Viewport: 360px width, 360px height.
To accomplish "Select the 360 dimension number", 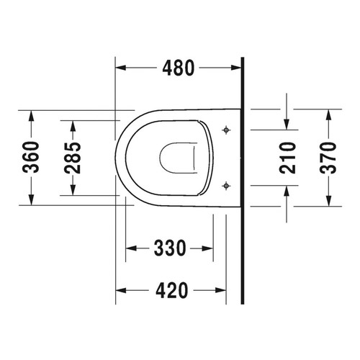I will pyautogui.click(x=30, y=157).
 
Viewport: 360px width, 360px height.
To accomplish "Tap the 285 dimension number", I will pyautogui.click(x=72, y=157).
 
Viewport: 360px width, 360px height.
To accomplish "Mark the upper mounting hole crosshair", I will pyautogui.click(x=227, y=130).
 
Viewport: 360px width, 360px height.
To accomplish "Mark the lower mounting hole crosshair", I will pyautogui.click(x=227, y=184).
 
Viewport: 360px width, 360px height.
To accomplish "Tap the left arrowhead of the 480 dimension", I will pyautogui.click(x=121, y=68).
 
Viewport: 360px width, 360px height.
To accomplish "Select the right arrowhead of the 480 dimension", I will pyautogui.click(x=239, y=68).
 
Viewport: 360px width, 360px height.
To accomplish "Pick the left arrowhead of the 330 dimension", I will pyautogui.click(x=130, y=249).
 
